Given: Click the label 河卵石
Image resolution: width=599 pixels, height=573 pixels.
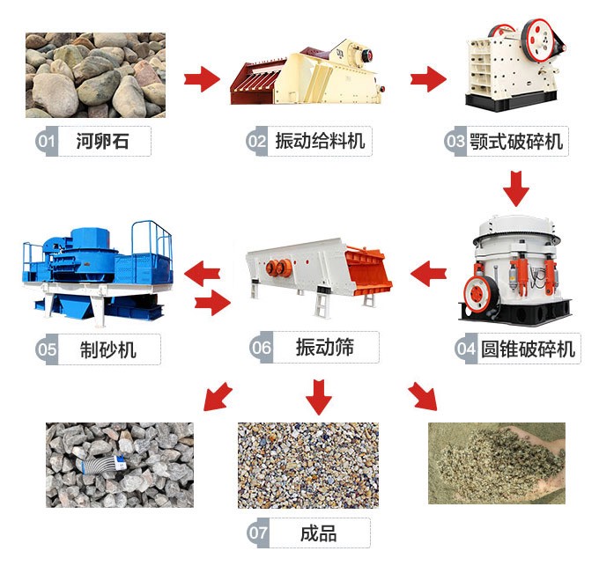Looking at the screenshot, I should click(102, 141).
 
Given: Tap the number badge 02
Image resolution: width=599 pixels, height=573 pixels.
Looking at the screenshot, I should click(256, 141).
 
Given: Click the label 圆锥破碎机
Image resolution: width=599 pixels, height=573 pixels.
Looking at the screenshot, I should click(527, 349).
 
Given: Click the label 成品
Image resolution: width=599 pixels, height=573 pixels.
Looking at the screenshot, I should click(318, 533).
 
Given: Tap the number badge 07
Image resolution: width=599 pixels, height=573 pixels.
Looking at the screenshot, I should click(258, 533).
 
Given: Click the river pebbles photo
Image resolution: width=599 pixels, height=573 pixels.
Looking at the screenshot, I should click(94, 76).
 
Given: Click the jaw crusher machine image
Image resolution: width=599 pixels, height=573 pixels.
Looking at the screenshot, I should click(514, 62).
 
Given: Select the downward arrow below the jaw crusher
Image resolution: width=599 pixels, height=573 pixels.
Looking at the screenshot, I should click(516, 186).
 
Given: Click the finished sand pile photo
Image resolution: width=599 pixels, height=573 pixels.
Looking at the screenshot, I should click(496, 463).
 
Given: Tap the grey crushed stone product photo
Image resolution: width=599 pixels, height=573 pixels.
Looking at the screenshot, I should click(119, 464).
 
